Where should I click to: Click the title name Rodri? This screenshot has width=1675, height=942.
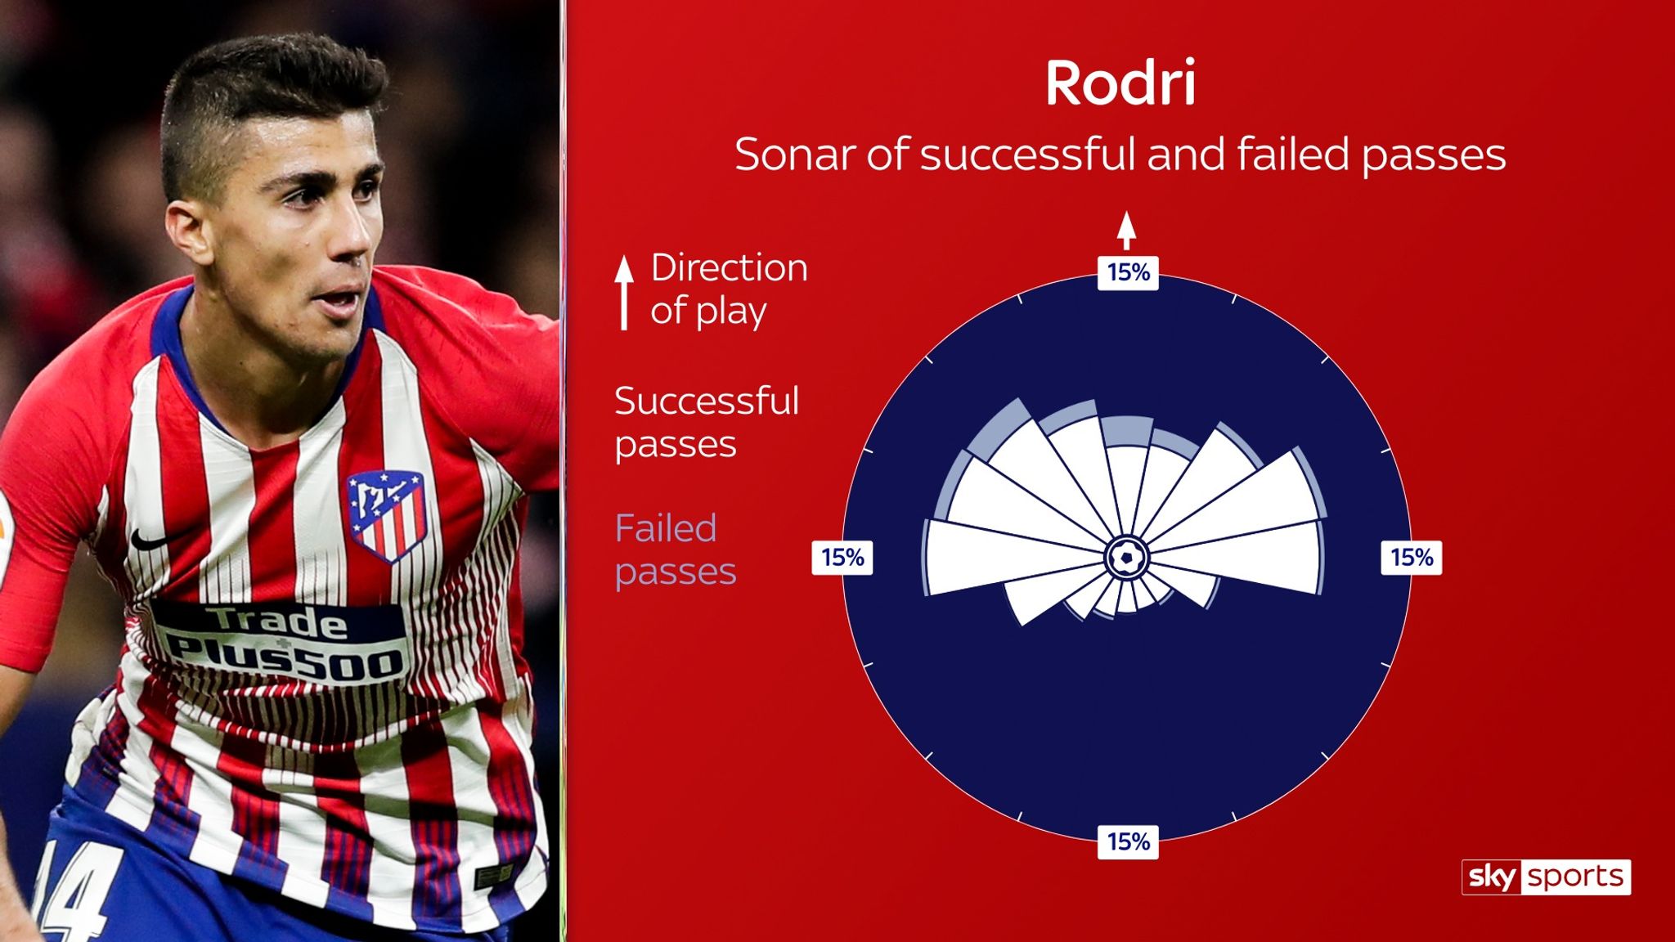[x=1120, y=83]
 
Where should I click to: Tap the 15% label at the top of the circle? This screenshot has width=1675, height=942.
[x=1128, y=272]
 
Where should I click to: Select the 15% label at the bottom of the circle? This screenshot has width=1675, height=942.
[x=1128, y=841]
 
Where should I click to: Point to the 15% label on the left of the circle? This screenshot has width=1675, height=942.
[x=842, y=557]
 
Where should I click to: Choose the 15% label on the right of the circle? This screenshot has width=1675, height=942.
[x=1412, y=557]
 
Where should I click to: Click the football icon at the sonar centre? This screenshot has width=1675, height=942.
[x=1127, y=558]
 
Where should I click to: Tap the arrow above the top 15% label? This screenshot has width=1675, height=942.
[x=1127, y=230]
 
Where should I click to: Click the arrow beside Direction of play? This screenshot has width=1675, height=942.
[x=624, y=291]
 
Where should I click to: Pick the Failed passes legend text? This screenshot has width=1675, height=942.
[x=676, y=549]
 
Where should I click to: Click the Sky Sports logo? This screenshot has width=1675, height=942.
[x=1546, y=877]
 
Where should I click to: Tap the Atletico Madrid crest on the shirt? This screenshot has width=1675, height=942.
[x=386, y=514]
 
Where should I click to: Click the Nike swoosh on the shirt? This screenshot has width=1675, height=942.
[x=150, y=539]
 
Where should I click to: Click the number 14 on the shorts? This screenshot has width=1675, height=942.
[x=78, y=891]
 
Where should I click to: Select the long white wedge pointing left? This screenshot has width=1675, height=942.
[x=998, y=558]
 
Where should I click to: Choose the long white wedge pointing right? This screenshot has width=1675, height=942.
[x=1251, y=557]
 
